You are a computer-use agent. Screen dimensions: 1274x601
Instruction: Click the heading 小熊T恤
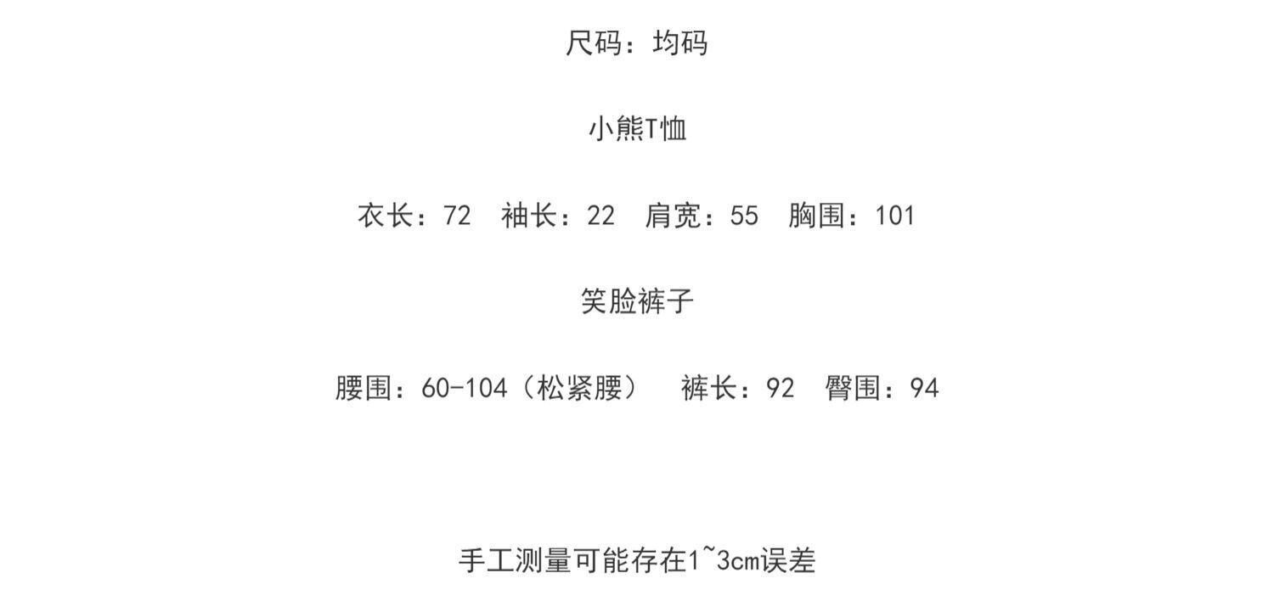click(637, 129)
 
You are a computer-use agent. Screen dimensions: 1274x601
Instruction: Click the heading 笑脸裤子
click(637, 301)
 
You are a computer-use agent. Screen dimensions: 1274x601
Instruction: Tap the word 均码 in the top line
click(679, 42)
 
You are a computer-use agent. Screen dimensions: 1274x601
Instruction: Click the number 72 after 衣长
click(457, 216)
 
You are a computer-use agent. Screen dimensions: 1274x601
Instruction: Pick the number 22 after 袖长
click(600, 216)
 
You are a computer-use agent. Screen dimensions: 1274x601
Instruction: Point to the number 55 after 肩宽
click(744, 216)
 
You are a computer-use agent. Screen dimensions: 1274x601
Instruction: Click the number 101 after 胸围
click(895, 216)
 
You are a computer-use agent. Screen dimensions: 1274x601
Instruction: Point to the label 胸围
click(816, 216)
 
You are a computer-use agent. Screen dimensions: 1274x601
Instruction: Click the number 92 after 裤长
click(781, 389)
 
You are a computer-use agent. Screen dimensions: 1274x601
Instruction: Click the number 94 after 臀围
click(924, 389)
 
